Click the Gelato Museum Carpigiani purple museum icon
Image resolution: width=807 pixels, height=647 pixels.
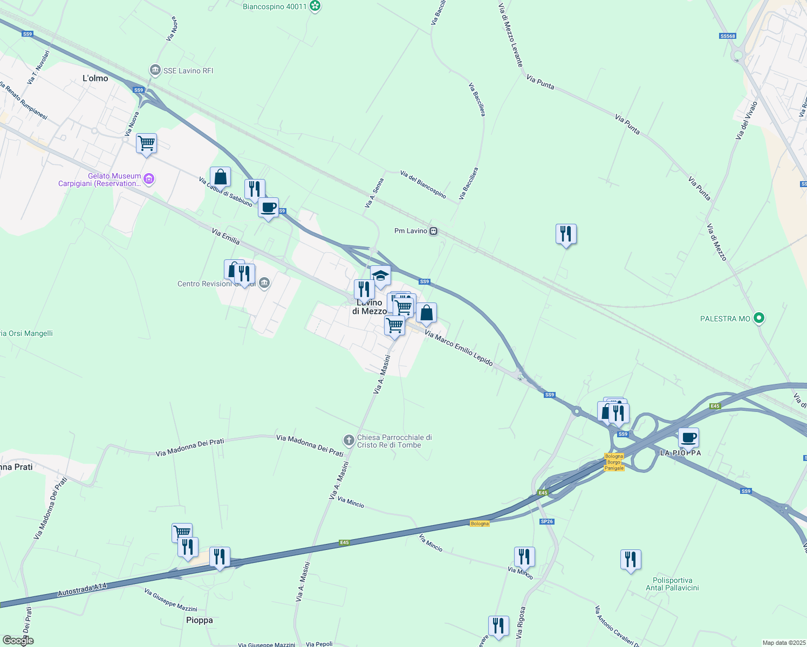[149, 179]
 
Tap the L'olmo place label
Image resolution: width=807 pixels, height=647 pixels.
[95, 79]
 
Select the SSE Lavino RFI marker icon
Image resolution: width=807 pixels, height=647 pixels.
[155, 71]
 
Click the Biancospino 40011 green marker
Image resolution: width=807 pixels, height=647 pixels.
[316, 7]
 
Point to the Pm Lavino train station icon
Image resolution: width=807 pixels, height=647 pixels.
[433, 231]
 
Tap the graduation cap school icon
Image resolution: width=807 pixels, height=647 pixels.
[380, 276]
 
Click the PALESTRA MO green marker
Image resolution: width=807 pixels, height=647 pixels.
[759, 319]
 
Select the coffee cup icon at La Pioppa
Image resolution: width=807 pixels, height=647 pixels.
[688, 437]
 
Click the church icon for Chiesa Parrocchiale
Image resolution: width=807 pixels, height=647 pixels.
[350, 441]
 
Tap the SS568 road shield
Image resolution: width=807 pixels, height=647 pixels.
[728, 36]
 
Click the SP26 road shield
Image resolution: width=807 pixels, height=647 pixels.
[547, 521]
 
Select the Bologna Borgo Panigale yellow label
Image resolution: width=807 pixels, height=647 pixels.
[614, 462]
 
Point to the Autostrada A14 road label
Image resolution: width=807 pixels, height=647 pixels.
[83, 590]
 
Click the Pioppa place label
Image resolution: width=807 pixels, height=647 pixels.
[200, 621]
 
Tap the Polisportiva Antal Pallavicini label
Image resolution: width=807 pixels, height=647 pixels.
[672, 584]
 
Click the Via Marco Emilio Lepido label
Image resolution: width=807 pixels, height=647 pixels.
[459, 349]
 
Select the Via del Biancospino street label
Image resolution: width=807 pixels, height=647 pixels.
[423, 184]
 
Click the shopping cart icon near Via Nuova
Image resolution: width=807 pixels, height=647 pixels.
[146, 143]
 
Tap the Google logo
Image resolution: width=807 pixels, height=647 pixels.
[18, 641]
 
